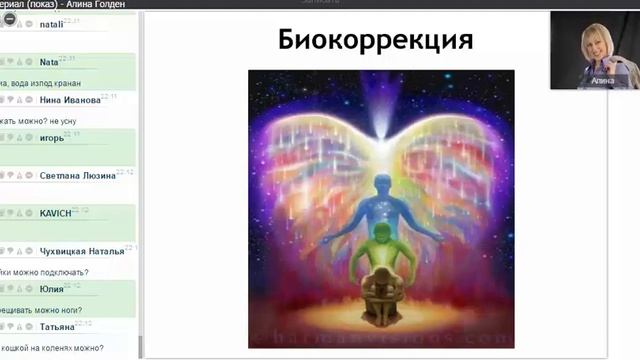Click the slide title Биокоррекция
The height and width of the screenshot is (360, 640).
[376, 41]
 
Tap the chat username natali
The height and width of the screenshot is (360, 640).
[51, 24]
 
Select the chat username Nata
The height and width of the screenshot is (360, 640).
[50, 62]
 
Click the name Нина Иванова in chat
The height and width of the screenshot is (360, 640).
[70, 100]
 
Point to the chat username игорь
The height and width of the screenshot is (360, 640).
[52, 138]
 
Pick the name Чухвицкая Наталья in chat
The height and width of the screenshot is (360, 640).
[82, 251]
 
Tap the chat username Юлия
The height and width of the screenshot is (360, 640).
[52, 289]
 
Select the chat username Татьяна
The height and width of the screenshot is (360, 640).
[57, 327]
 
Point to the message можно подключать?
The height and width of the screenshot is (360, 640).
[45, 271]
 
